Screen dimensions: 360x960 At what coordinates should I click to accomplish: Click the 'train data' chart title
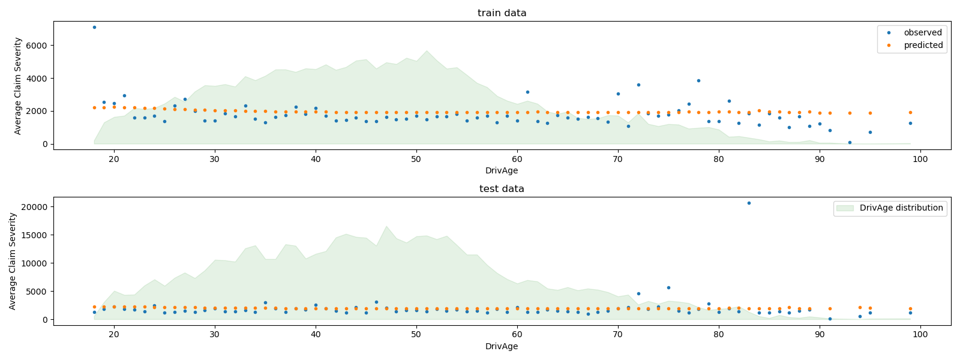pos(502,13)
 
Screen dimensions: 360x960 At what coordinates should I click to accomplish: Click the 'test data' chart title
pos(502,189)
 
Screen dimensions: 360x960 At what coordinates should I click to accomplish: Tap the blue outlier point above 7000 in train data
pos(94,27)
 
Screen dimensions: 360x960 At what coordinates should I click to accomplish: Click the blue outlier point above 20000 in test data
pos(749,203)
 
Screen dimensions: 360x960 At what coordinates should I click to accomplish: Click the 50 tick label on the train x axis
pos(416,159)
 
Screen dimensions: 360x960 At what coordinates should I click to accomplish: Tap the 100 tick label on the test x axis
pos(920,335)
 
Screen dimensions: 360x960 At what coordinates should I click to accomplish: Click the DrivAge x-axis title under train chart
pos(502,171)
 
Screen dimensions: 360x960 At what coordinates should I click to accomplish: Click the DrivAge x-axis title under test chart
pos(502,347)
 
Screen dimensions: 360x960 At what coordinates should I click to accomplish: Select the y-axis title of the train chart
pos(18,86)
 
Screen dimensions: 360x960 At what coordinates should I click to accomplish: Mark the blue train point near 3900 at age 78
pos(698,80)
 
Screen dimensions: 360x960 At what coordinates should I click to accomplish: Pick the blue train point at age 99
pos(910,123)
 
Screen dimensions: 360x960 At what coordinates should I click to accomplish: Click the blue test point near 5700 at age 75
pos(668,287)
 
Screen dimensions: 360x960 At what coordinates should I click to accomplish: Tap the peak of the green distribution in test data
pos(386,226)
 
